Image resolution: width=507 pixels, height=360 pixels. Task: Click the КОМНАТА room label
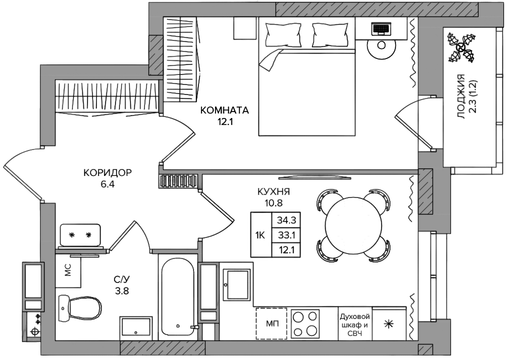(x=224, y=110)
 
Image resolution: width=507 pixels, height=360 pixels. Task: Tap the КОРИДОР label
(x=107, y=172)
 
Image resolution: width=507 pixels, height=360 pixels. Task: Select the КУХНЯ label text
(x=273, y=192)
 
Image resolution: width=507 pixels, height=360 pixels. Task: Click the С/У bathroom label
(x=122, y=278)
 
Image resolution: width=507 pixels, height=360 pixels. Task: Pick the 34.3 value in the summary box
(x=286, y=220)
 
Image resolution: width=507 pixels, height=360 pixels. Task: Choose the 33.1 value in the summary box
(x=286, y=235)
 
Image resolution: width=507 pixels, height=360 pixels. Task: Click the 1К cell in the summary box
(x=260, y=235)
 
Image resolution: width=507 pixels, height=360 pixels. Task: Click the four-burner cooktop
(x=305, y=323)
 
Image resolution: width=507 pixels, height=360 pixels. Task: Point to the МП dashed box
(x=271, y=323)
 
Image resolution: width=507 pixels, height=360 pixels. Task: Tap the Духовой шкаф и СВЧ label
(x=354, y=324)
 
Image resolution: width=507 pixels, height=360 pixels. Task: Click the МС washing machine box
(x=68, y=270)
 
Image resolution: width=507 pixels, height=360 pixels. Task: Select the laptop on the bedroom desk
(x=381, y=29)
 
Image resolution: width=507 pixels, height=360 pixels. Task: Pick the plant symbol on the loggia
(x=461, y=48)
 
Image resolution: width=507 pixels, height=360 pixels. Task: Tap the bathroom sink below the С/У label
(x=135, y=326)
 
